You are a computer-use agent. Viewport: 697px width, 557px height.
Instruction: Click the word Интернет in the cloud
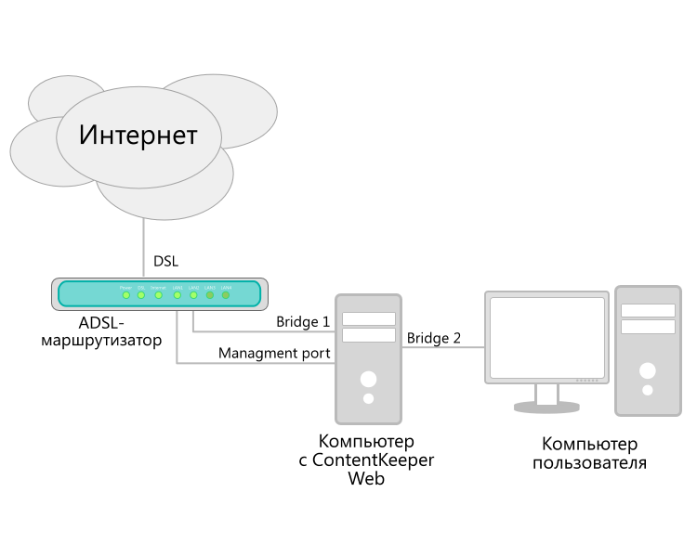pos(138,136)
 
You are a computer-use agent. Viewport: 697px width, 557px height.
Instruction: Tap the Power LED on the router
pos(125,295)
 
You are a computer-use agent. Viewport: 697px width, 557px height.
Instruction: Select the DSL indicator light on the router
pos(141,295)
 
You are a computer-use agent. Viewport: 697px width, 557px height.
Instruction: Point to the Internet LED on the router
pos(158,295)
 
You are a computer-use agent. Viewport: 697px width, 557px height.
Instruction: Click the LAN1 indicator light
pos(178,295)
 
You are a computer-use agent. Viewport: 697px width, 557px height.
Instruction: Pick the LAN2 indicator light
pos(193,295)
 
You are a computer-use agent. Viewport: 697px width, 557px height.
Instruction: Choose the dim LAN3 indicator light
pos(210,295)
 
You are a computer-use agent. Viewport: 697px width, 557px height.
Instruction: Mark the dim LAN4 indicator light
pos(226,295)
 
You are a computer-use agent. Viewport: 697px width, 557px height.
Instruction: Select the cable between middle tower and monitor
pos(443,347)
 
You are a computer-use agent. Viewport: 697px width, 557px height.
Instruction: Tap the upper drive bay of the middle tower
pos(369,319)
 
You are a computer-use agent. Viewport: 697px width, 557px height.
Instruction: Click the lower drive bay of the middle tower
pos(369,335)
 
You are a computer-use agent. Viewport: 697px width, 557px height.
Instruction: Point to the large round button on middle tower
pos(369,379)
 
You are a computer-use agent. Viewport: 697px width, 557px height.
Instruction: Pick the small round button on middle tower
pos(369,398)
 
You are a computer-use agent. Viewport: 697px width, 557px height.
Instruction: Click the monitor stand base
pos(546,407)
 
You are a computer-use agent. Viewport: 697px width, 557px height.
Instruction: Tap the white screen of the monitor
pos(547,337)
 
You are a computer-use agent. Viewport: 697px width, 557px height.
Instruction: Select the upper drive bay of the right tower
pos(649,311)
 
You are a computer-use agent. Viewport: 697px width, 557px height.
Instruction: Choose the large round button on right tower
pos(648,370)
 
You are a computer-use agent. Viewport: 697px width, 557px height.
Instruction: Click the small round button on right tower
pos(648,390)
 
